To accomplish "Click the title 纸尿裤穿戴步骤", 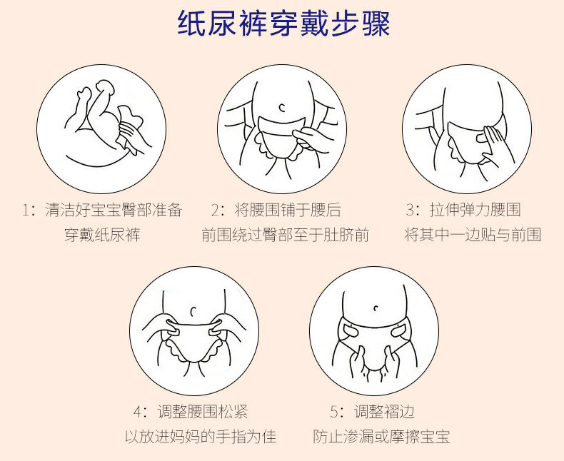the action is click(284, 24).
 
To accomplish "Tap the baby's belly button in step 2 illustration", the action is click(282, 107).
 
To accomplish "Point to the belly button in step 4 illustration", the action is click(193, 310).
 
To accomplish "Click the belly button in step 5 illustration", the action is click(376, 308).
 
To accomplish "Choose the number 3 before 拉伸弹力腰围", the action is click(410, 210).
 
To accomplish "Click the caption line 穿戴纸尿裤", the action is click(102, 235).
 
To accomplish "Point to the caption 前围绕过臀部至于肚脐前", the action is click(286, 235).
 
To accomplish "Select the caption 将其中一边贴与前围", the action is click(473, 235).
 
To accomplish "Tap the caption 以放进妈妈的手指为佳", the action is click(201, 437).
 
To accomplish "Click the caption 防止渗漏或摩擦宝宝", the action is click(381, 437).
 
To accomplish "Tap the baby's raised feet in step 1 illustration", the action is click(96, 91).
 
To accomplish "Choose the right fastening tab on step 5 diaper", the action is click(398, 330).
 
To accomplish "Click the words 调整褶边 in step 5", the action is click(384, 412).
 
